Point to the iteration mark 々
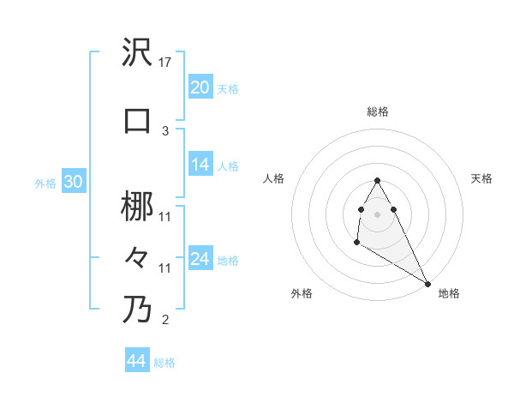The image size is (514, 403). [138, 257]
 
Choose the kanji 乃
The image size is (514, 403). [138, 309]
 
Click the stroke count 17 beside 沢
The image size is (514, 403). [166, 63]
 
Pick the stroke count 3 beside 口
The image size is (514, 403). [166, 130]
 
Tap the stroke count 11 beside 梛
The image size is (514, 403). [166, 217]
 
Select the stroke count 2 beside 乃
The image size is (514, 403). [166, 321]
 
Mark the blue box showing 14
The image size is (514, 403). [200, 165]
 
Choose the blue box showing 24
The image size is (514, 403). [200, 259]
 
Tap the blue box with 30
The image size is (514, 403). [74, 182]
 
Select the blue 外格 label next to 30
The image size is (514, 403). [45, 183]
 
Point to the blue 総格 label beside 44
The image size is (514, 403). [164, 363]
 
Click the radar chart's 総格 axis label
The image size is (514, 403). [378, 111]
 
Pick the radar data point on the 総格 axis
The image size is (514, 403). [378, 180]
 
